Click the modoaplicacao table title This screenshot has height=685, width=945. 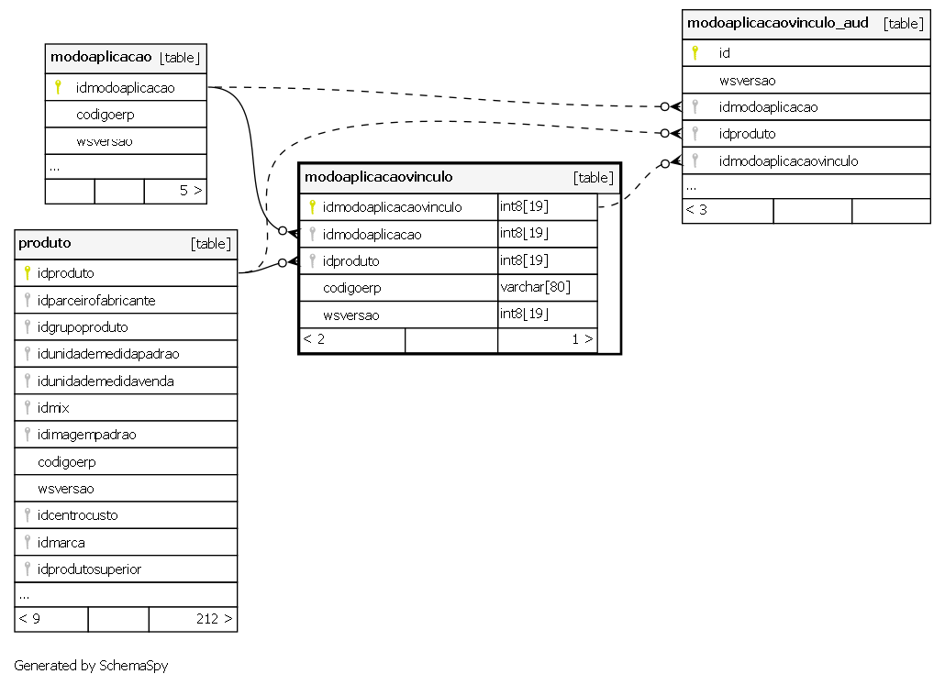101,57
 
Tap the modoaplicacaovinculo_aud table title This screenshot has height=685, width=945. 777,23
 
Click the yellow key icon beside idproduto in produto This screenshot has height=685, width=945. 28,273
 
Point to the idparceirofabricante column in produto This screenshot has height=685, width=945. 96,300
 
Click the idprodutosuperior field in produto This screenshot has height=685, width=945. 89,569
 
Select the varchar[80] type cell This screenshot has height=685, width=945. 535,287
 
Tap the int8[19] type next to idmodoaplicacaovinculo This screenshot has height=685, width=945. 524,206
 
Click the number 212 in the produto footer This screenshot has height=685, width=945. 207,619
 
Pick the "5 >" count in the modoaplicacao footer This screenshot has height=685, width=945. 191,191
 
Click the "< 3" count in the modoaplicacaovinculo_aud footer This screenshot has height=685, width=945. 696,210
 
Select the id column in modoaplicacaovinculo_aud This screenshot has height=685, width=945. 725,53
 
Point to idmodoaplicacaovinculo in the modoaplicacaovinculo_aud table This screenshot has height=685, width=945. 788,160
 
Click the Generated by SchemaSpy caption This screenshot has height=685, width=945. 91,666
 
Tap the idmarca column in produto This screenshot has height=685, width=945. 61,542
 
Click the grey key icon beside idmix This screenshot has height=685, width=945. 28,407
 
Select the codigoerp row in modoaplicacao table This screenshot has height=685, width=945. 105,115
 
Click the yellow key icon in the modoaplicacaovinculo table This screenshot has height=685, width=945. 312,206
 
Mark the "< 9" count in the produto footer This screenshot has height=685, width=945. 29,619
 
